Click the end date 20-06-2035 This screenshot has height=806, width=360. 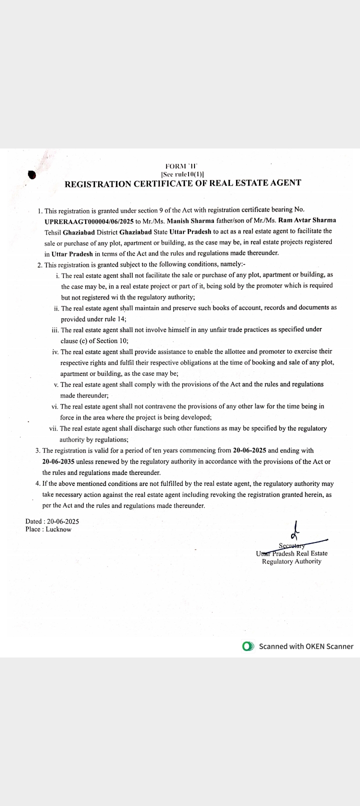tap(58, 461)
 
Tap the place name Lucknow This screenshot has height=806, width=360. tap(58, 529)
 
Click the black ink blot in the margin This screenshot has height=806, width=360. tap(32, 174)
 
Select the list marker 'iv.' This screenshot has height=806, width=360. tap(55, 351)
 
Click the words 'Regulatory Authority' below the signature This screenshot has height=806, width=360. tap(291, 561)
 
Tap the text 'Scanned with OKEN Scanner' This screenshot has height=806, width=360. tap(306, 646)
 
